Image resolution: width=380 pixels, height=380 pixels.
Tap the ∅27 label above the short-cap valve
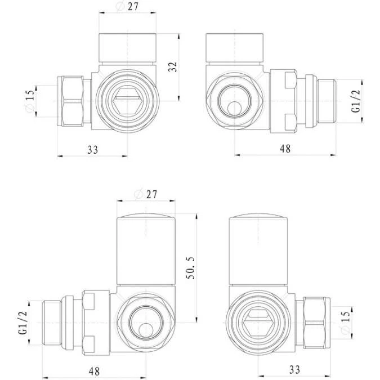[128, 7]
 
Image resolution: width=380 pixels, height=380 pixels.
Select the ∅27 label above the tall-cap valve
[145, 194]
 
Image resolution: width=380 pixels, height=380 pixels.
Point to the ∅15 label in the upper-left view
[30, 101]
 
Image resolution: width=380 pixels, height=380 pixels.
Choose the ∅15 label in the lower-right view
[344, 321]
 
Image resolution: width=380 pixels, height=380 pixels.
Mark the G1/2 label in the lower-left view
[23, 324]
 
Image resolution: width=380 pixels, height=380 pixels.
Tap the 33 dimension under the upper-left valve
[92, 150]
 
